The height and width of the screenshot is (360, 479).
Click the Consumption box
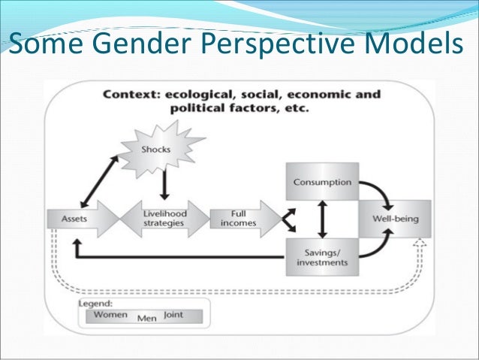(322, 181)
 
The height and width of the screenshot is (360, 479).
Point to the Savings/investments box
(322, 257)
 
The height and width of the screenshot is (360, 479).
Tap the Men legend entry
(146, 318)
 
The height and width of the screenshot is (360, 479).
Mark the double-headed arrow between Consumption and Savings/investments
(322, 219)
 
